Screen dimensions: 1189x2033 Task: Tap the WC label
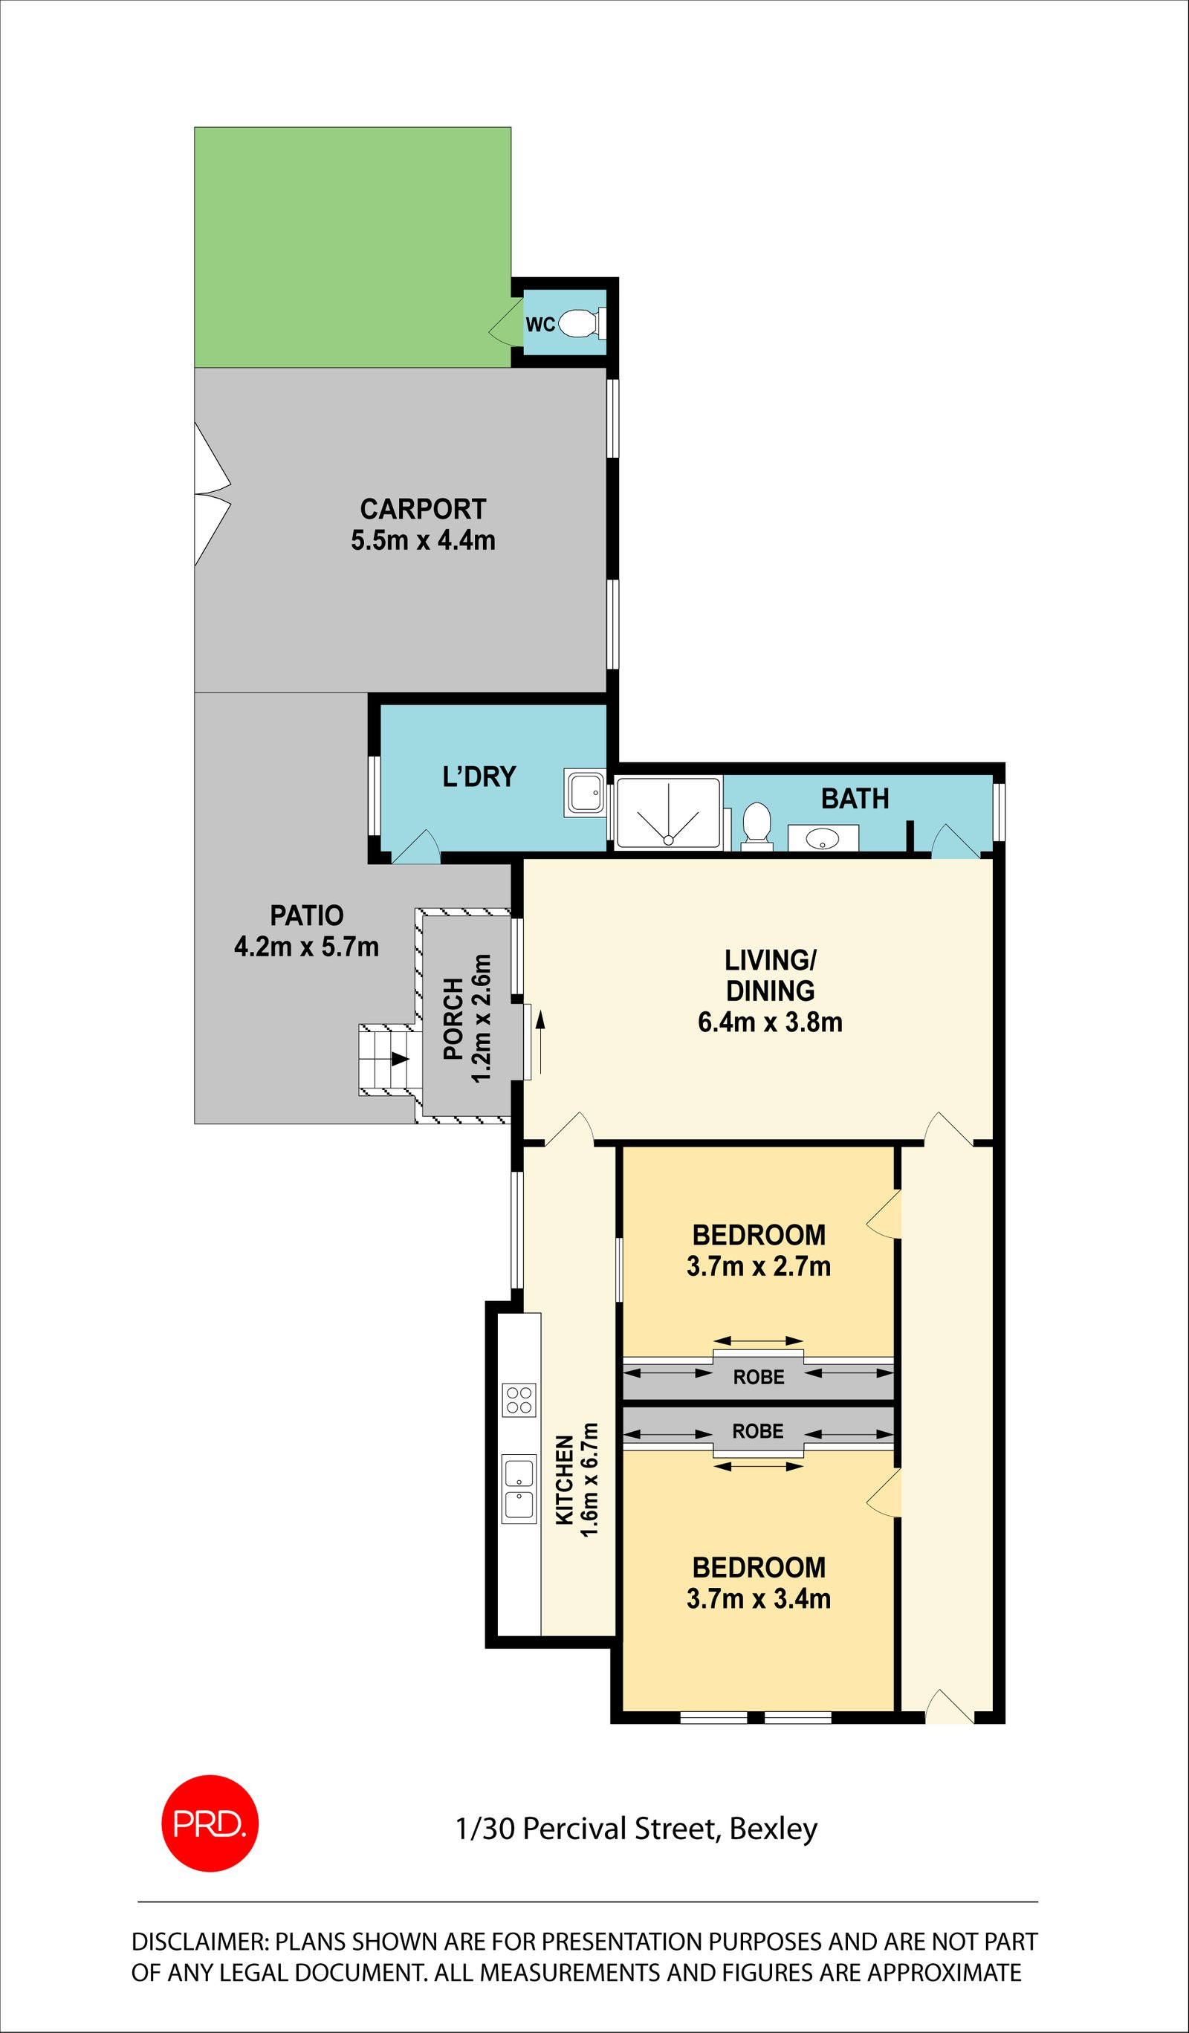click(x=540, y=324)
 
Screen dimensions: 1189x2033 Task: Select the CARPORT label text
click(x=423, y=509)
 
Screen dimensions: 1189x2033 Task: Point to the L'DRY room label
click(x=479, y=776)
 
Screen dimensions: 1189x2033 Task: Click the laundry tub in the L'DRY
click(x=585, y=793)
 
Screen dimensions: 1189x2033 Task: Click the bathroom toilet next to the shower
click(x=757, y=826)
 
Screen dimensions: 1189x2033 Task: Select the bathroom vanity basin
click(x=823, y=838)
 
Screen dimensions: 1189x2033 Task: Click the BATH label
click(x=855, y=799)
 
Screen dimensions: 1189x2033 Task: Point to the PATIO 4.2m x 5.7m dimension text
click(x=306, y=947)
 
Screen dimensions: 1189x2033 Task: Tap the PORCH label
click(x=453, y=1018)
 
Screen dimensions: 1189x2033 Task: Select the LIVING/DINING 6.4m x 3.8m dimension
click(x=771, y=1022)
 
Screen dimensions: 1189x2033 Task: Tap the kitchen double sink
click(x=519, y=1489)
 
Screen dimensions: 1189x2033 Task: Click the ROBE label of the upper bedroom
click(x=758, y=1377)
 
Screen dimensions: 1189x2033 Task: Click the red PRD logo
click(x=210, y=1823)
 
